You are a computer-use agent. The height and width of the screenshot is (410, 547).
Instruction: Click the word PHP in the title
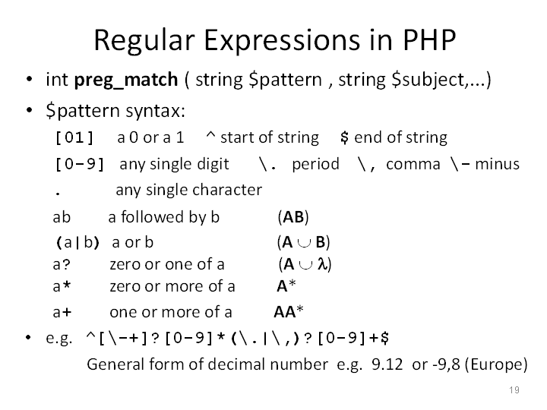429,39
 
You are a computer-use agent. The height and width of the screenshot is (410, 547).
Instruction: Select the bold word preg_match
126,80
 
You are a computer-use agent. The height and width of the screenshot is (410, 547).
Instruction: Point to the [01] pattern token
74,137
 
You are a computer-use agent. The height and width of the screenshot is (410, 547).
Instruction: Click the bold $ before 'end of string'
344,137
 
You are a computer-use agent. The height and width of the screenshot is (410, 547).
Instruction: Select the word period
315,164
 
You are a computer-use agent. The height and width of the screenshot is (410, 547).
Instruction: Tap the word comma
413,164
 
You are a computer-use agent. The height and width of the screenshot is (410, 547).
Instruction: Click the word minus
497,164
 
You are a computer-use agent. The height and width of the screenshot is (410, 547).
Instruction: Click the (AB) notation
293,217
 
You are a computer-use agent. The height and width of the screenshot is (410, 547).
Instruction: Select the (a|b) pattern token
77,242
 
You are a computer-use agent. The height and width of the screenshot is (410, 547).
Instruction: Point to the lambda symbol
322,264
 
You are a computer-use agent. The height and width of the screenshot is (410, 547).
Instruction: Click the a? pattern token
62,265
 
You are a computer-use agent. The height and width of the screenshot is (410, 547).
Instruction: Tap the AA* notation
289,312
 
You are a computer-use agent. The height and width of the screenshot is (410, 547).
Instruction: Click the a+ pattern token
62,312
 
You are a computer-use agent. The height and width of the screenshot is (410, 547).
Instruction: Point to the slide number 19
514,389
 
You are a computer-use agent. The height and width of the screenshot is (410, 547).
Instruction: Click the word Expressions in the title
282,41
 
